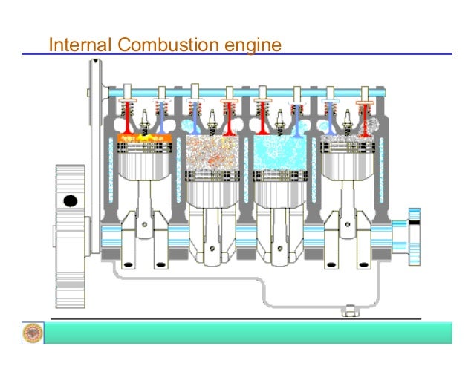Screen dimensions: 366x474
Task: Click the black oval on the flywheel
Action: pyautogui.click(x=71, y=200)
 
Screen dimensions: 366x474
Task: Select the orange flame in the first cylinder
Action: pyautogui.click(x=144, y=137)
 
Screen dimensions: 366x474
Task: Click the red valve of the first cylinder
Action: pyautogui.click(x=128, y=115)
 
